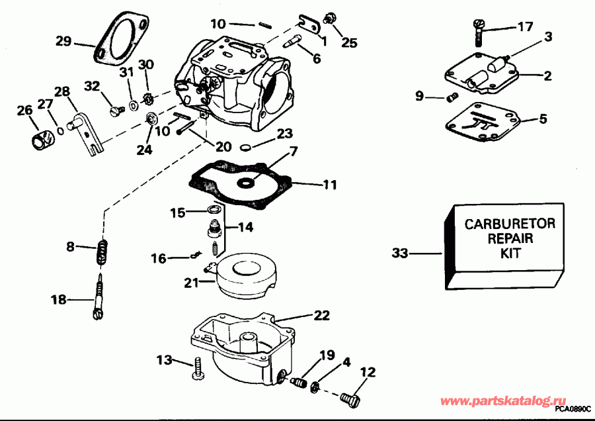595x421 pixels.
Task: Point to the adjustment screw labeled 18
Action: coord(99,297)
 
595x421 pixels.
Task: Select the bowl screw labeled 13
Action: coord(197,368)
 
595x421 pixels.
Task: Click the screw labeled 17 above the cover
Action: coord(478,28)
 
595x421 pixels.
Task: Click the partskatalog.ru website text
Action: coord(503,402)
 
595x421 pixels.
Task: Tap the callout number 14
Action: coord(245,227)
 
